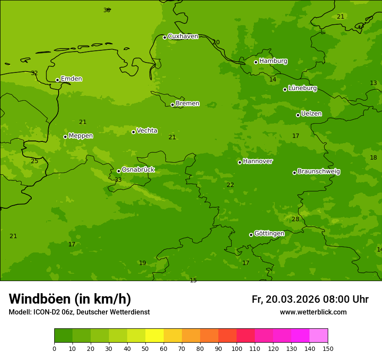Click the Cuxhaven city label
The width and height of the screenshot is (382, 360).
tap(183, 36)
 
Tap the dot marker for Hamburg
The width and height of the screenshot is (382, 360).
tap(256, 62)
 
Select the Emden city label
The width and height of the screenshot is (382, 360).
tap(71, 79)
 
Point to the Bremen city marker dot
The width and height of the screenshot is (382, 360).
tap(172, 105)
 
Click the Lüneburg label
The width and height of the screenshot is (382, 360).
tap(302, 88)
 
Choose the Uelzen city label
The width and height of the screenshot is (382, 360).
tap(311, 114)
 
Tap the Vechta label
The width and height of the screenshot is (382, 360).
tap(147, 131)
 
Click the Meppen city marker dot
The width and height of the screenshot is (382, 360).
tap(65, 137)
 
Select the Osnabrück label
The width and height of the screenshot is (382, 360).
tap(138, 170)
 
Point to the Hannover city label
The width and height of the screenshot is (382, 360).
tap(257, 161)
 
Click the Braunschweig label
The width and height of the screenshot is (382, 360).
tap(318, 171)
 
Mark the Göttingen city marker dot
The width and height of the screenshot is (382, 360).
tap(251, 235)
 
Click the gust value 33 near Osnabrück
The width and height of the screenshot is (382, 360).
tap(118, 180)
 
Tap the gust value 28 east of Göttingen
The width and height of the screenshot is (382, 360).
tap(295, 219)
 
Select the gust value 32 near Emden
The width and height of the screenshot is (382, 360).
tap(34, 73)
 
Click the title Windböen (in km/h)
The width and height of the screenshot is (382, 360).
tap(70, 299)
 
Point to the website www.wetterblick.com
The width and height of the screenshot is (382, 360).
tap(313, 312)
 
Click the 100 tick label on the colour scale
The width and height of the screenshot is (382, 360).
tap(237, 348)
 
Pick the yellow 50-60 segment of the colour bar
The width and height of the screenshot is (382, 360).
tap(155, 336)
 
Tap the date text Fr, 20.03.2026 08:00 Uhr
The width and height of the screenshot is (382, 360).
tap(310, 299)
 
